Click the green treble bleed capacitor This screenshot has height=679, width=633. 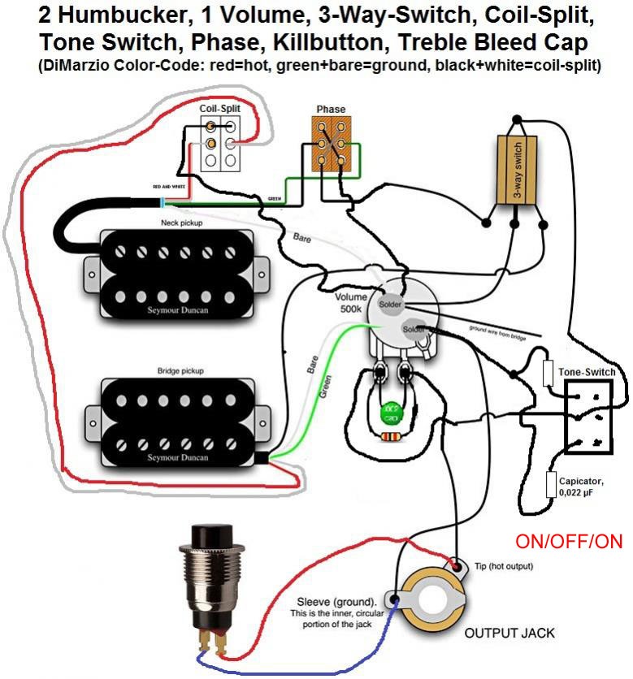tap(391, 412)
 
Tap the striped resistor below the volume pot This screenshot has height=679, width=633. tap(391, 436)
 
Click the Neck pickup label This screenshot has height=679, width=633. tap(181, 222)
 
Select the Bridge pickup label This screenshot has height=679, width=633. tap(180, 370)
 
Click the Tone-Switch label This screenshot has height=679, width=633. tap(587, 372)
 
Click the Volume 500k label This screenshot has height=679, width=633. tap(352, 302)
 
